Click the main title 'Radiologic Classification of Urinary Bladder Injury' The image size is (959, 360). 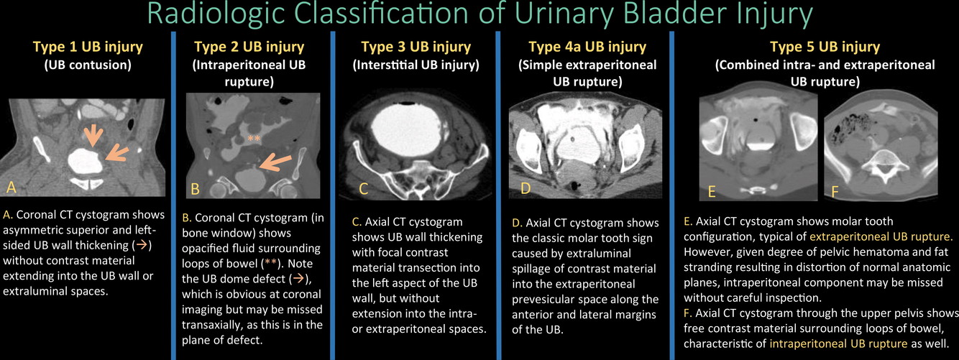[x=479, y=16]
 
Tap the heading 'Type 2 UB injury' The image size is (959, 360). [x=249, y=47]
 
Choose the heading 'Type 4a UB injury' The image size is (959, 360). [x=587, y=47]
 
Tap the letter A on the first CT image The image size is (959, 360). [x=12, y=188]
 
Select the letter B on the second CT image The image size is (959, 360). [x=195, y=190]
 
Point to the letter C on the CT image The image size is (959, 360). [x=364, y=190]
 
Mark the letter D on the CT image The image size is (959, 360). [x=526, y=188]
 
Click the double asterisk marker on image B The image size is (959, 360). [x=252, y=138]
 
